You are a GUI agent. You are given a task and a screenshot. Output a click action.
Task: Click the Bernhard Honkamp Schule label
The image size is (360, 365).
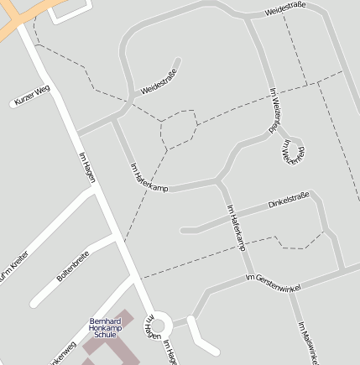pyautogui.click(x=106, y=327)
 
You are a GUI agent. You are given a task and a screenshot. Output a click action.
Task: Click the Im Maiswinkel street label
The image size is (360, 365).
pyautogui.click(x=308, y=342)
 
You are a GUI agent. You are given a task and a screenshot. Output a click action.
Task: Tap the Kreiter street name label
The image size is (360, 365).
pyautogui.click(x=14, y=269)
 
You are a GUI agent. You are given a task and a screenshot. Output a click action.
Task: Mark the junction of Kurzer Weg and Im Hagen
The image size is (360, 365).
pyautogui.click(x=52, y=85)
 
